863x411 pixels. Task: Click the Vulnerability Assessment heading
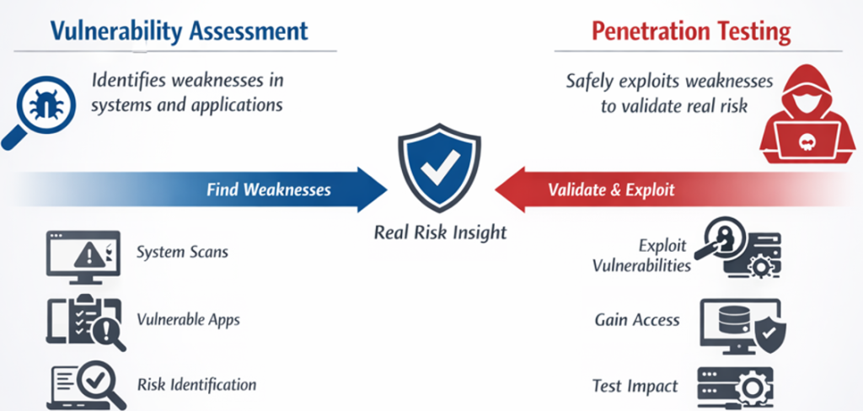coord(179,31)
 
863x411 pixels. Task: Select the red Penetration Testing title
coord(691,31)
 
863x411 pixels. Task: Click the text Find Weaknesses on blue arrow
coord(269,189)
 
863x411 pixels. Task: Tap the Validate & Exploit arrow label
coord(611,189)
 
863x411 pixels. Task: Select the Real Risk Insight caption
coord(440,232)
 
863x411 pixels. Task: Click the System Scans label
coord(182,252)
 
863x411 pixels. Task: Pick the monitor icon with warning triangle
coord(83,257)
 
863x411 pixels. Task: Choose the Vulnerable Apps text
coord(188,320)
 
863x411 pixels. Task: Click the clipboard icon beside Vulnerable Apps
coord(85,323)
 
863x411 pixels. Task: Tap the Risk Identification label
coord(196,384)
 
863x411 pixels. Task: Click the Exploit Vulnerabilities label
coord(641,256)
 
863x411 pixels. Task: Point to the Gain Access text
coord(637,320)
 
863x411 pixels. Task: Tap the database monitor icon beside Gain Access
coord(742,325)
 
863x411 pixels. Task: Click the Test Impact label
coord(635,386)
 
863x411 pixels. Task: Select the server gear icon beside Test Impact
coord(736,387)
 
